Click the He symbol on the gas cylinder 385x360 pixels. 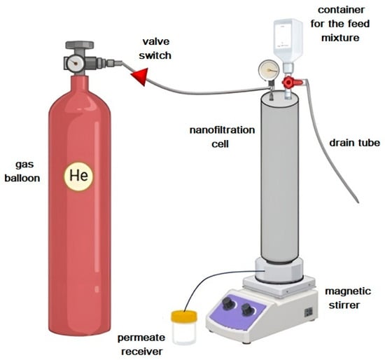tap(78, 176)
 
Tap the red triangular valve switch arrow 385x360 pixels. tap(141, 76)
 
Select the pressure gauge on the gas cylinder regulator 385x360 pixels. tap(75, 63)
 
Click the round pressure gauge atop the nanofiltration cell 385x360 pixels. tap(269, 70)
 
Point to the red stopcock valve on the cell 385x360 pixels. tap(291, 82)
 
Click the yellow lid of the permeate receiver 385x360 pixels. tap(184, 316)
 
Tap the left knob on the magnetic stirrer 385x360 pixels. tap(228, 303)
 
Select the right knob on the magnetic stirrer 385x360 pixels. tap(246, 310)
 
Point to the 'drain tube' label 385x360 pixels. tap(355, 143)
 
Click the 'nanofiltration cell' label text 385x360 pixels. tap(222, 137)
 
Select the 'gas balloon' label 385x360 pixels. tap(22, 171)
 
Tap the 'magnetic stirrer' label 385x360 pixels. tap(346, 298)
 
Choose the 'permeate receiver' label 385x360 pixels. tap(141, 345)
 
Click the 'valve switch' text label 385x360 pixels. tap(155, 48)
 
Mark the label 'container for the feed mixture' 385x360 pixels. tap(340, 24)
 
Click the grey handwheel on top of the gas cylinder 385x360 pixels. tap(80, 45)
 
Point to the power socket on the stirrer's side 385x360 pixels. tap(309, 312)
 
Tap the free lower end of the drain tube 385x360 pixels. tap(358, 202)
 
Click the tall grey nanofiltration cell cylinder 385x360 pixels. tap(280, 177)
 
